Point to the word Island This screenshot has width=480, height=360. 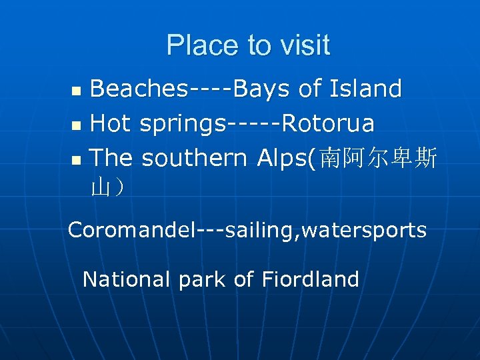[x=369, y=89]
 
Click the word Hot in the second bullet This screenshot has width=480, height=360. [x=111, y=123]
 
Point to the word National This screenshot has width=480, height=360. [x=127, y=279]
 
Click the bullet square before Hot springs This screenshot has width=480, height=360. [x=78, y=125]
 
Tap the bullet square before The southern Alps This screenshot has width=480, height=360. [x=78, y=159]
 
